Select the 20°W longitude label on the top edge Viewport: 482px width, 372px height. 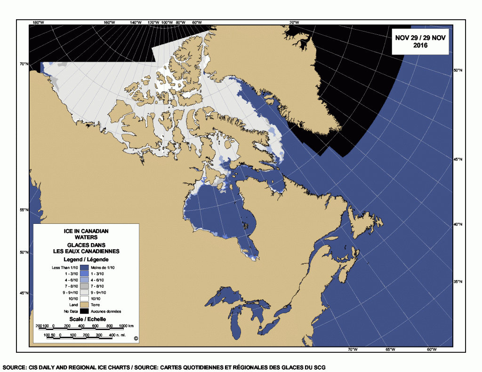[x=294, y=22]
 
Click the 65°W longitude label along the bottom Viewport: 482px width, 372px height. [x=391, y=349]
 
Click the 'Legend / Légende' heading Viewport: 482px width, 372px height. [x=86, y=259]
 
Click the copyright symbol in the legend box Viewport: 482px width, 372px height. [x=136, y=338]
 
